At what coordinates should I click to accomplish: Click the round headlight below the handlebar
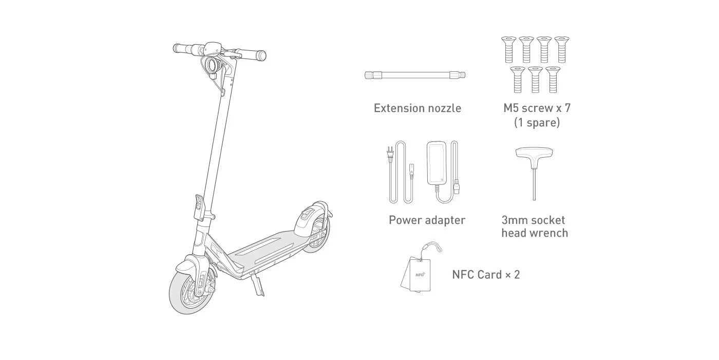pyautogui.click(x=212, y=65)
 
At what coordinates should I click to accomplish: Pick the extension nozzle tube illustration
pyautogui.click(x=415, y=75)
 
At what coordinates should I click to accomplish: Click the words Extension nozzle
pyautogui.click(x=417, y=108)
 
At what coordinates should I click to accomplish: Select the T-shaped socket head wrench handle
pyautogui.click(x=534, y=153)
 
